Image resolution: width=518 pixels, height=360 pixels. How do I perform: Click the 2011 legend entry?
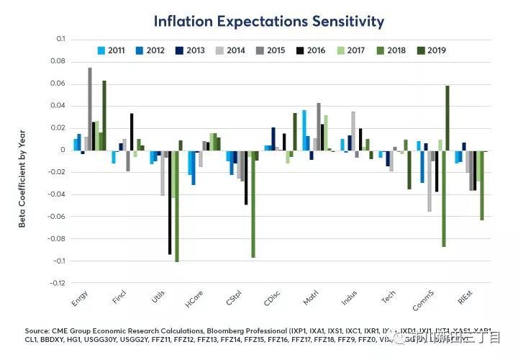coord(115,50)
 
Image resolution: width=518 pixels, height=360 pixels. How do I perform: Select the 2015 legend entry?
coord(276,50)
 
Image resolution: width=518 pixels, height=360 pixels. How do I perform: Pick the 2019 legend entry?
coord(437,50)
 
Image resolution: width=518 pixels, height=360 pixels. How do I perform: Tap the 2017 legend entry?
coord(356,50)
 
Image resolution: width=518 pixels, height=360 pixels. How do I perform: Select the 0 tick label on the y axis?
coord(62,150)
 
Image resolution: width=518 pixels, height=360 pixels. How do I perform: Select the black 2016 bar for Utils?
coord(170,202)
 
